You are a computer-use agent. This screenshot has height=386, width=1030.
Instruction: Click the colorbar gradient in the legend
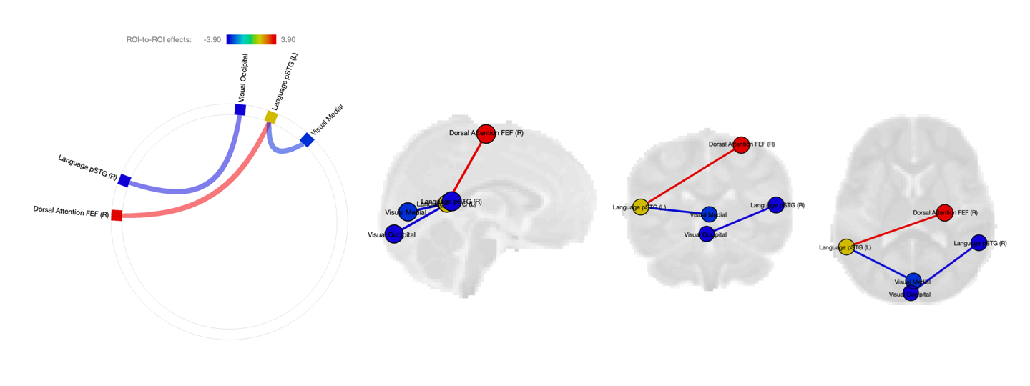click(x=251, y=40)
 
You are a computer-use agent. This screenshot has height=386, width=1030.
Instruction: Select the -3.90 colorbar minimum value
click(x=212, y=40)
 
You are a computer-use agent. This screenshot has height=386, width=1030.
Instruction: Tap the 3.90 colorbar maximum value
click(x=288, y=40)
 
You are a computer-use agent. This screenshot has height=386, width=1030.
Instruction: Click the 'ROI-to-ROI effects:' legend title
click(x=159, y=40)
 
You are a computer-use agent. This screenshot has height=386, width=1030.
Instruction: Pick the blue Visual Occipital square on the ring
click(x=240, y=109)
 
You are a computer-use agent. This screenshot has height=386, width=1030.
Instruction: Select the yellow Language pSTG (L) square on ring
click(x=271, y=117)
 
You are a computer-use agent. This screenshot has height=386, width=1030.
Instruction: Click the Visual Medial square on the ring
click(x=307, y=140)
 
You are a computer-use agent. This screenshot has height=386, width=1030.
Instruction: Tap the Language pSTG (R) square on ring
click(x=124, y=180)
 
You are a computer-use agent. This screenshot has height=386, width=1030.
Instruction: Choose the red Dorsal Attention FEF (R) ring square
click(x=117, y=214)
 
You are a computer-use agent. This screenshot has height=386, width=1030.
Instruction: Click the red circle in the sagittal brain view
click(x=486, y=134)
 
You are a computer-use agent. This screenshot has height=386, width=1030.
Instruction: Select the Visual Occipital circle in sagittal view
click(x=394, y=234)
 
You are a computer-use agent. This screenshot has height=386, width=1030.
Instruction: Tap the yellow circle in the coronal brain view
click(x=640, y=207)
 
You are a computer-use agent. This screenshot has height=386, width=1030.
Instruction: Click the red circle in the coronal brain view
click(x=741, y=144)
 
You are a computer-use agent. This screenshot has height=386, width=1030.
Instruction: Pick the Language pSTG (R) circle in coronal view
click(x=776, y=205)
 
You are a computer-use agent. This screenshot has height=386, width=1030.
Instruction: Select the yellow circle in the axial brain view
click(x=846, y=247)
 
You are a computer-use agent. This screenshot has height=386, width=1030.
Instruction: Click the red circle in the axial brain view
click(x=944, y=212)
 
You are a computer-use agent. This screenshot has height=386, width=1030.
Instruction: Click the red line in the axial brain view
click(x=894, y=230)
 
